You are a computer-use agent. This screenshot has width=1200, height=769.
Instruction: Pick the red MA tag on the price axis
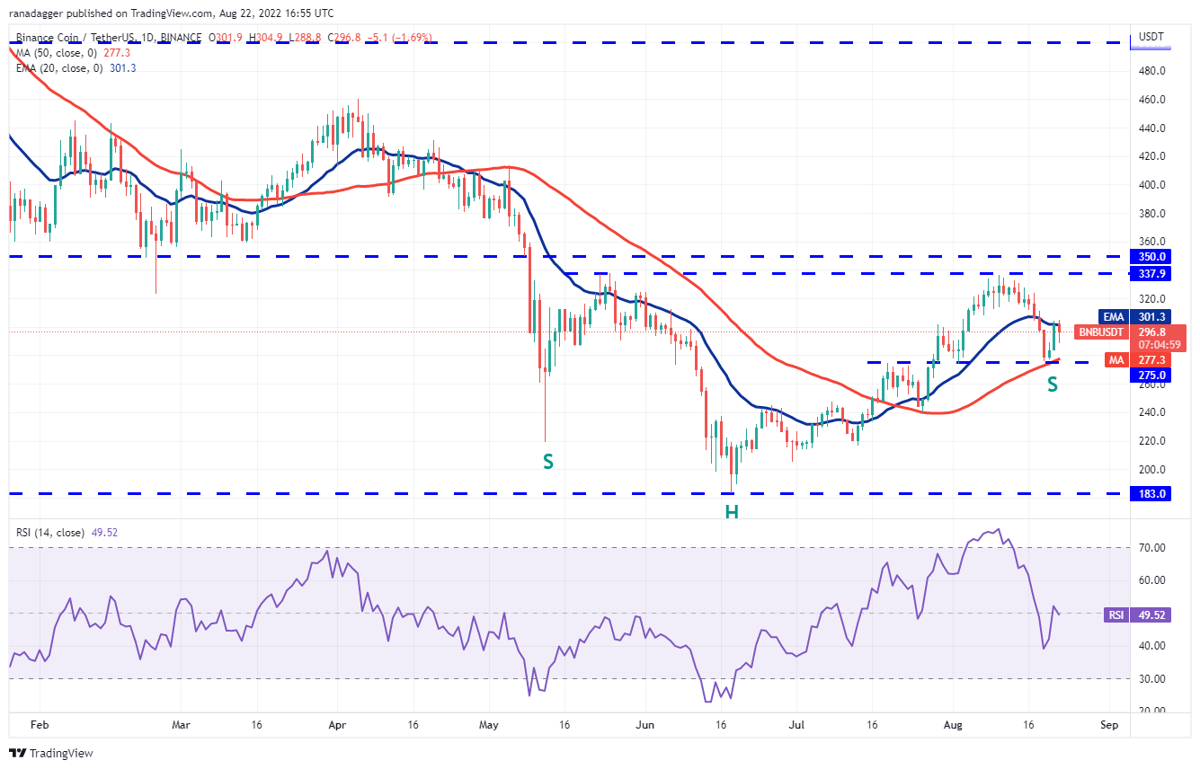click(x=1116, y=359)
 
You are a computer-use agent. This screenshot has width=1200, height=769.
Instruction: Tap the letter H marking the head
click(x=733, y=512)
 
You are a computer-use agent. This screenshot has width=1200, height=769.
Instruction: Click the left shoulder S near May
click(x=547, y=462)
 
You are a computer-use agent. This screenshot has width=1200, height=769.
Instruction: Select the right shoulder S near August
click(x=1052, y=384)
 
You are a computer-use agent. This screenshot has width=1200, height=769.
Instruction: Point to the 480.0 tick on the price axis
click(x=1153, y=70)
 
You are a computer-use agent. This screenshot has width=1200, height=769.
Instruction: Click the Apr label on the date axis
click(x=337, y=723)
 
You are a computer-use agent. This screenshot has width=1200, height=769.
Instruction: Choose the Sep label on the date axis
click(x=1109, y=723)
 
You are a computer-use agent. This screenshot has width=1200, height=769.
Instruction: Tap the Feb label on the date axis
click(x=38, y=723)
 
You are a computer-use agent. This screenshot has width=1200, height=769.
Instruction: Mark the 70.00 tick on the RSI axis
click(x=1153, y=547)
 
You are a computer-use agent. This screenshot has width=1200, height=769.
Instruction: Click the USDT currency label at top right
click(x=1151, y=37)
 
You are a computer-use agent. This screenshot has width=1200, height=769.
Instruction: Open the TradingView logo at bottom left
click(x=51, y=753)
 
